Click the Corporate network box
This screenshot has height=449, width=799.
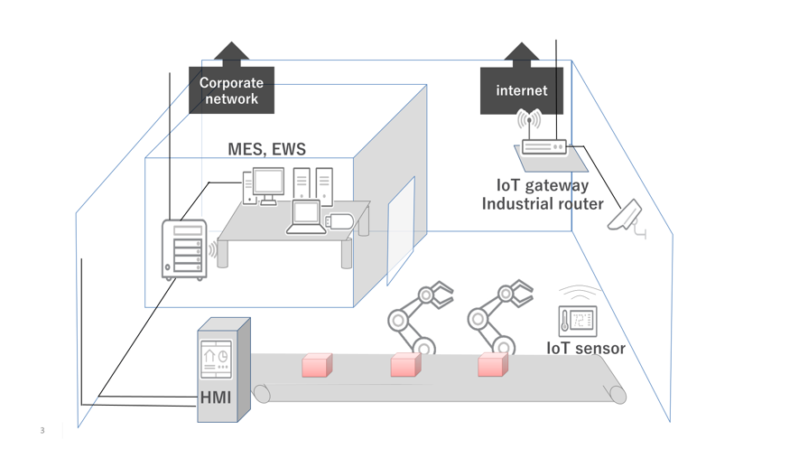point(231,90)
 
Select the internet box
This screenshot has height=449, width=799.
point(521,90)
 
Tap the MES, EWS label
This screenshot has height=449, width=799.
point(266,149)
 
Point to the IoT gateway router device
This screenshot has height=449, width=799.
point(544,146)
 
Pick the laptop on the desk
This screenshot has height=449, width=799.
point(306,218)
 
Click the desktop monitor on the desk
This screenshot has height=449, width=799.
point(267,184)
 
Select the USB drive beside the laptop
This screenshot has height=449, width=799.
point(339,220)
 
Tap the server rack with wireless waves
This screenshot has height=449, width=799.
point(185,248)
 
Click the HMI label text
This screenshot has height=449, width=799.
point(215,397)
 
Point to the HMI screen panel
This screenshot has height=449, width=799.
point(215,359)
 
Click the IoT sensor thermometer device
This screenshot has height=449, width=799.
point(577,321)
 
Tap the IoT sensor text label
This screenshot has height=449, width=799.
point(585,348)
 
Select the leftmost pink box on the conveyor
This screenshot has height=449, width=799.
point(317,365)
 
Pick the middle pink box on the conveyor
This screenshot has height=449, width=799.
point(405,365)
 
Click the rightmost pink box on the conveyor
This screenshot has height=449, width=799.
point(492,365)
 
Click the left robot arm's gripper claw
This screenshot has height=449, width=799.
point(440,294)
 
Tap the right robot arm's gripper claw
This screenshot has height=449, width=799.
point(519,293)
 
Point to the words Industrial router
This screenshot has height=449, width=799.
point(542,204)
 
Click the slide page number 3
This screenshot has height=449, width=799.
point(42,430)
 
